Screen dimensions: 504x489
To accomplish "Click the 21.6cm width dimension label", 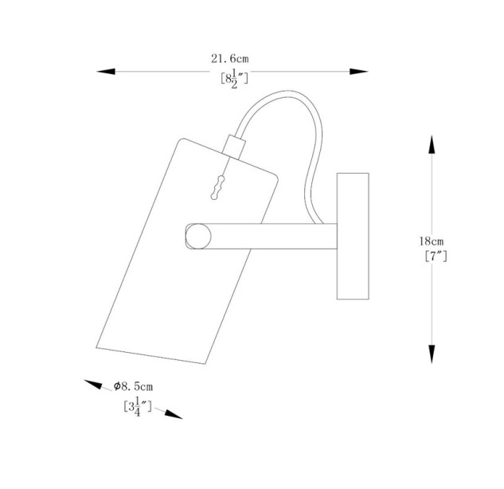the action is (x=229, y=59).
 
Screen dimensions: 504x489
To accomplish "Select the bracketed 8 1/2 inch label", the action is (x=234, y=79).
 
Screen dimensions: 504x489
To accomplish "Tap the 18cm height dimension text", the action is (x=431, y=241).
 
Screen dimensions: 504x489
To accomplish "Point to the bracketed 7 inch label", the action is (x=436, y=256).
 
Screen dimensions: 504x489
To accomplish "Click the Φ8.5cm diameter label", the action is (x=133, y=386).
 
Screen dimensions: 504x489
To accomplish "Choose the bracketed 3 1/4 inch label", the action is (x=138, y=407).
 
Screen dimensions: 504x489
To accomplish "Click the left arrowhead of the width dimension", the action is (x=106, y=72).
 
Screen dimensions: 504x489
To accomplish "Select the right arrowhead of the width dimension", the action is (x=359, y=72).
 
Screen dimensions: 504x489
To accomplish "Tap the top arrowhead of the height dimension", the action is (x=432, y=144).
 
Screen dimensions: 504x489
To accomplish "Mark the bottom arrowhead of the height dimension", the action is (x=432, y=354).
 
